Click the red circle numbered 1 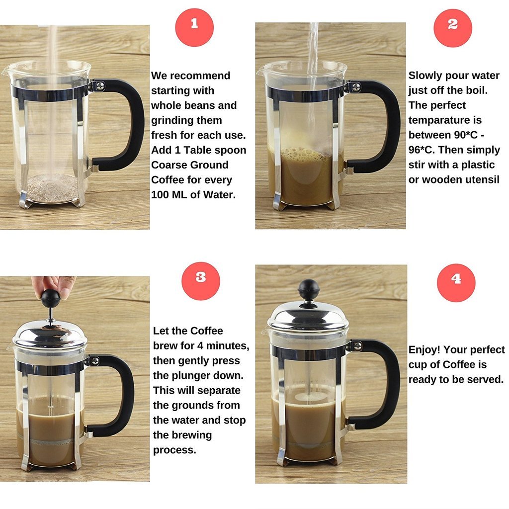[194, 28]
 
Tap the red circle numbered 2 [452, 28]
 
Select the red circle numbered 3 [201, 281]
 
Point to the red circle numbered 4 [456, 282]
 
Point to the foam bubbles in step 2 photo [302, 154]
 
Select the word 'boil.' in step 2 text [477, 90]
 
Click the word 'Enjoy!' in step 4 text [424, 349]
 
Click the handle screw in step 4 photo [357, 346]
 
